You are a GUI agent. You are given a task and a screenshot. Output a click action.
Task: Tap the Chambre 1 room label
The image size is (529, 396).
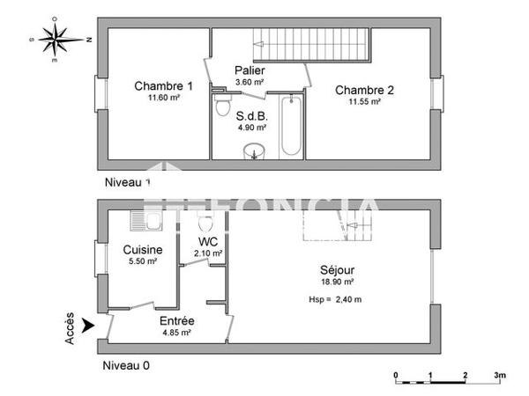tap(163, 86)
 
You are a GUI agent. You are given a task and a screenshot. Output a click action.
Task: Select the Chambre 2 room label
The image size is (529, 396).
tap(364, 89)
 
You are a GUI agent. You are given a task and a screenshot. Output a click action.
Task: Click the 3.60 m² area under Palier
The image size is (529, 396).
tap(250, 83)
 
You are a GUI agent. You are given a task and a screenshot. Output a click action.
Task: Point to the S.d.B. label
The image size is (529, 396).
tap(251, 115)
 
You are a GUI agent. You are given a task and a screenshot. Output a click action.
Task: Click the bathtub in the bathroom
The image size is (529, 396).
tap(290, 128)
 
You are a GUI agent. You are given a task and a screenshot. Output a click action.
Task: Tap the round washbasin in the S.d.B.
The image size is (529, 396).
tap(255, 150)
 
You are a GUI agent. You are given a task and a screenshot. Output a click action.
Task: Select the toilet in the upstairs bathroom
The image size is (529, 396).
tap(223, 107)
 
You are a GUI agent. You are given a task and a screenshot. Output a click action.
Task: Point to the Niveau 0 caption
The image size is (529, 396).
tap(126, 364)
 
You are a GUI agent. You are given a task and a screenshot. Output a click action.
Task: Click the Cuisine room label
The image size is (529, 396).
tap(141, 250)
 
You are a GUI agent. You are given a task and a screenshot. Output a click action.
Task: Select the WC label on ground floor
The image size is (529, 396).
tap(208, 241)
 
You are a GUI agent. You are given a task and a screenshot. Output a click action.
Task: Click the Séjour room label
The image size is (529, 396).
tap(337, 270)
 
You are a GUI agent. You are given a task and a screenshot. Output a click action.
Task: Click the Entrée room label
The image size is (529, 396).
tap(177, 321)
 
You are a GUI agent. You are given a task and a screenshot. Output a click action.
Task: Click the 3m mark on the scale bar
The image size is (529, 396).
tap(499, 376)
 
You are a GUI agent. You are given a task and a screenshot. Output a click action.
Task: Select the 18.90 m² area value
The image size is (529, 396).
tap(337, 282)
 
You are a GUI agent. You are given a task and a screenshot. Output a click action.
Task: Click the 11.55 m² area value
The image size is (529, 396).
tap(364, 101)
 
